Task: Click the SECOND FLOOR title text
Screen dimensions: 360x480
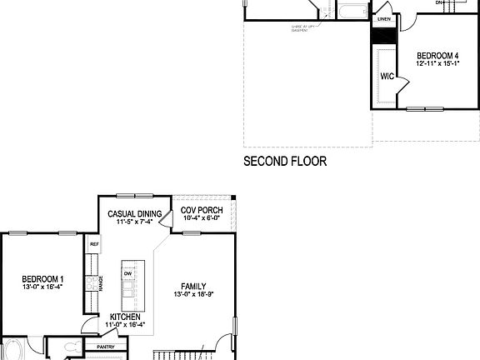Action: (x=284, y=161)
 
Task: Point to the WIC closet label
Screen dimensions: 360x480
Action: (x=387, y=76)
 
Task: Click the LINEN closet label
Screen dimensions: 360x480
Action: (x=383, y=18)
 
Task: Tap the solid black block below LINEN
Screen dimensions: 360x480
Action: (x=383, y=36)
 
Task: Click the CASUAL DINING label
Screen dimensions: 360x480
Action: (x=134, y=213)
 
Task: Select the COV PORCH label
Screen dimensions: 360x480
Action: (x=200, y=210)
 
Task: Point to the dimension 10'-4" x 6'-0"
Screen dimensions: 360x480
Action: (x=200, y=218)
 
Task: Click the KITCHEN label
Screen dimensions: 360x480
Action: (x=127, y=317)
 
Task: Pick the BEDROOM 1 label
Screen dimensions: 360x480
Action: (x=42, y=279)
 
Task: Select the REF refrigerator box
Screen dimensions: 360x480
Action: (x=94, y=246)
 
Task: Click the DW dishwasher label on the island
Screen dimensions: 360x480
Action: (x=127, y=273)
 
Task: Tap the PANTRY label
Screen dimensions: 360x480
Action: (x=106, y=347)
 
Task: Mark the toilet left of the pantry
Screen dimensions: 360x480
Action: (x=72, y=347)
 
